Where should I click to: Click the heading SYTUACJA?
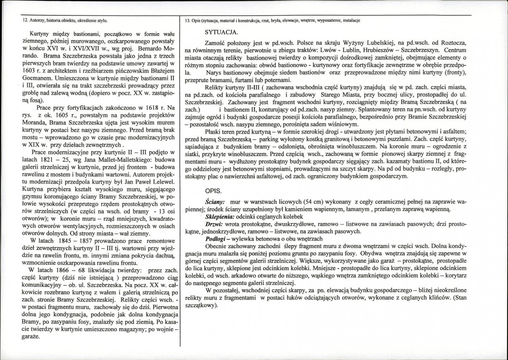[x=221, y=32]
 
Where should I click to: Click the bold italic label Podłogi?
[x=216, y=238]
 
